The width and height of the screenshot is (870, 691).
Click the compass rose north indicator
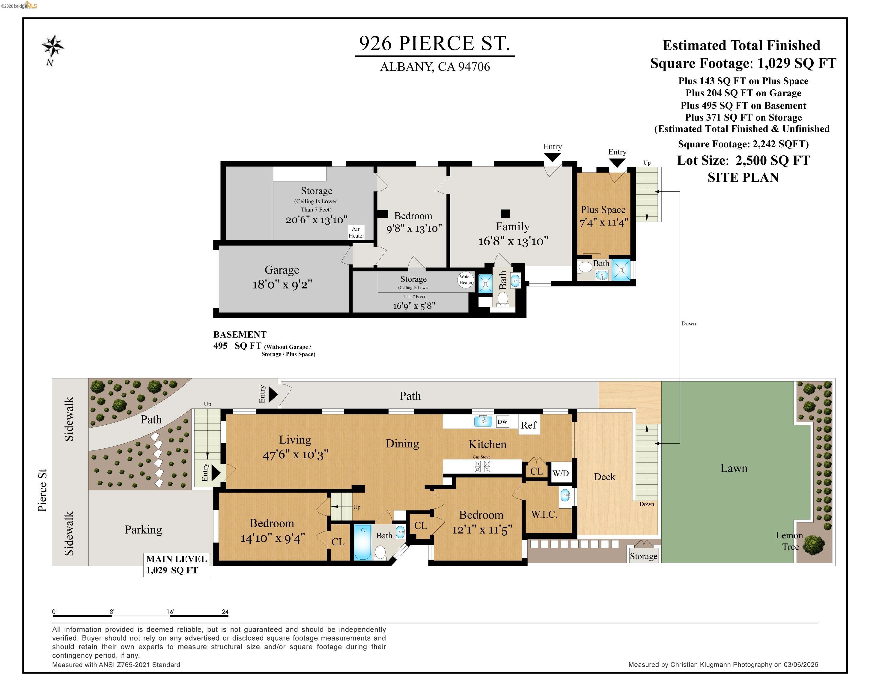coord(53,47)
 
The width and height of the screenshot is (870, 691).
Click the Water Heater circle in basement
coord(465,279)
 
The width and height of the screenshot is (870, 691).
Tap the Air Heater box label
coord(356,232)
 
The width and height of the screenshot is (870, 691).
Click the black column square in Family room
coord(505,214)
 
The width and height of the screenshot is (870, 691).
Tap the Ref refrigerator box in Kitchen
coord(529,425)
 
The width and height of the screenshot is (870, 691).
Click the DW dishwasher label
coord(502,422)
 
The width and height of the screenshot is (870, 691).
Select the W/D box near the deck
coord(561,473)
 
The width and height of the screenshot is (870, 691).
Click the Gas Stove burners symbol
coord(482,467)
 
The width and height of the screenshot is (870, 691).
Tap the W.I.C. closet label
coord(544,515)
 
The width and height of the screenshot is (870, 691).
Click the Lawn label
coord(734,468)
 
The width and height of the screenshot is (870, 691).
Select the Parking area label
coord(143,530)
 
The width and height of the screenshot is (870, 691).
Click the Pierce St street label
coord(42,490)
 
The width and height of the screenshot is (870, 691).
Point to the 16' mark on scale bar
coord(170,612)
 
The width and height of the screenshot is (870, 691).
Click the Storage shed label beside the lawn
coord(643,556)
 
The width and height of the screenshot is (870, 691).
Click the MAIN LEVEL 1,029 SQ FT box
coord(176,564)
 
